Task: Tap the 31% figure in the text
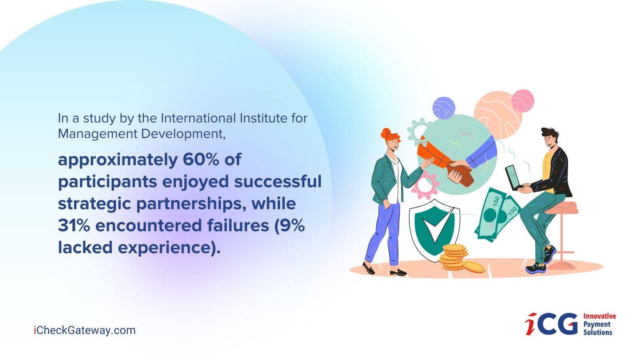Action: [x=74, y=225]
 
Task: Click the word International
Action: [x=198, y=118]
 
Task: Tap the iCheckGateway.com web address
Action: [x=84, y=330]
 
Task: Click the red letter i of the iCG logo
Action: [x=530, y=324]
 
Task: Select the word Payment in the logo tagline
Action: [x=597, y=324]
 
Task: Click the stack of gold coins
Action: [x=454, y=258]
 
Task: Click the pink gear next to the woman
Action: [x=425, y=186]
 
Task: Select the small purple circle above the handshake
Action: [x=444, y=108]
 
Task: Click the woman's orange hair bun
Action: [x=386, y=133]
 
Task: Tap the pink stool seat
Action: [x=561, y=208]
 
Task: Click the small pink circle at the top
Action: [x=522, y=101]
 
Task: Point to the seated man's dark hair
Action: [x=550, y=134]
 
